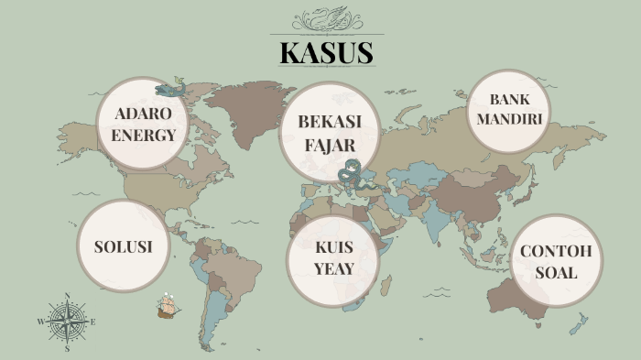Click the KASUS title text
pos(327,53)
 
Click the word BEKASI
pos(330,122)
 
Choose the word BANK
pos(510,100)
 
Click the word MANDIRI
pos(510,119)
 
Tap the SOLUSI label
pos(122,247)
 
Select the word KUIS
pos(333,248)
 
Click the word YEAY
pos(333,268)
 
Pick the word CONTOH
pos(557,252)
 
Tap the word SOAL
pos(557,272)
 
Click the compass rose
pos(67,322)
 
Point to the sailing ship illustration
pos(168,306)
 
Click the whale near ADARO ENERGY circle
pos(170,90)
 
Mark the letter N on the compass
pos(67,296)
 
